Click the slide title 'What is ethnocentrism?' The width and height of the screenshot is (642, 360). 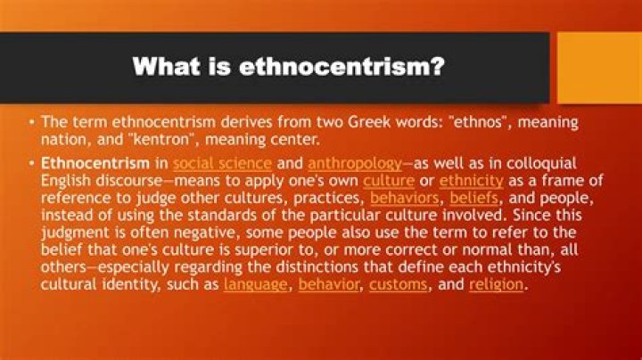(x=288, y=66)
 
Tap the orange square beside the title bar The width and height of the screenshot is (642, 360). (x=598, y=66)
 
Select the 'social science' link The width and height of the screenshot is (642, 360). (x=222, y=164)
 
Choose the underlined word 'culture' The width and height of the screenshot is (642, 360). (x=388, y=181)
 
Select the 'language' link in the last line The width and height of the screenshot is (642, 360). (x=256, y=284)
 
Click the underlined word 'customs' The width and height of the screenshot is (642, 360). (x=399, y=284)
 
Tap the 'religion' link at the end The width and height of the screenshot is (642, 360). (x=497, y=284)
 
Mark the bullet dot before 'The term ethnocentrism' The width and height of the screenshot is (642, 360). (x=32, y=122)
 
